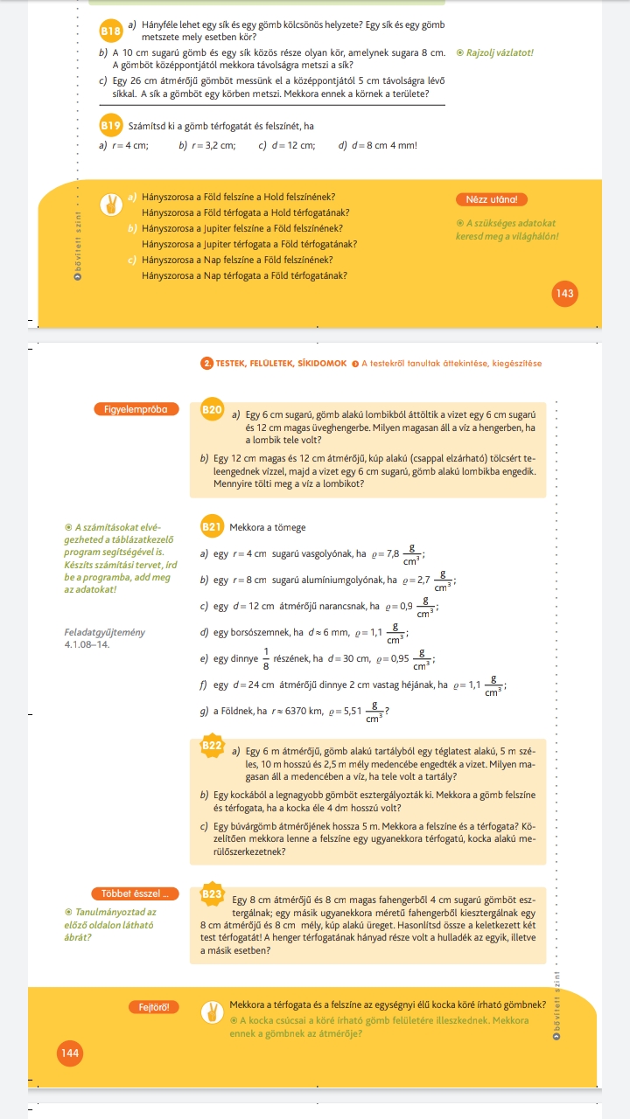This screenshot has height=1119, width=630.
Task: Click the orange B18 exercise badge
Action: point(110,31)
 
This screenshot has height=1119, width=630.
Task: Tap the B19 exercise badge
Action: point(110,126)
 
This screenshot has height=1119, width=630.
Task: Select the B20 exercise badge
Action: point(213,408)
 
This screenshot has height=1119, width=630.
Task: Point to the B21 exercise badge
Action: point(212,526)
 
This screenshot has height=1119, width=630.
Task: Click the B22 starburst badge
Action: point(213,746)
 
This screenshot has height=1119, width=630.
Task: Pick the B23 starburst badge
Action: point(213,893)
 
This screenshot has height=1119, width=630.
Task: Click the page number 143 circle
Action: point(564,294)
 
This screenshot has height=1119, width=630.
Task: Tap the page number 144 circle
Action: point(70,1053)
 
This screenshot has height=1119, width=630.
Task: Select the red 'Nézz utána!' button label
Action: point(492,199)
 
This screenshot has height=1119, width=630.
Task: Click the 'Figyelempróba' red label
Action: point(136,408)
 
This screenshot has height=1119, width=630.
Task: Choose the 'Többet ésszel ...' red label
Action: point(135,893)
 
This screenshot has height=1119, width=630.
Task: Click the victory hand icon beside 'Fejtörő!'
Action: point(212,1012)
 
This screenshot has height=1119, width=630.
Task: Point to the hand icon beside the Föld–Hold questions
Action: point(111,205)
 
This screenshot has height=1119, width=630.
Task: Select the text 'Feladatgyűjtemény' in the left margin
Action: point(105,632)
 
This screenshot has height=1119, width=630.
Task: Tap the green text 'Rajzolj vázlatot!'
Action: point(500,52)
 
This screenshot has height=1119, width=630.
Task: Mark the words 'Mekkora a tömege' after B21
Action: point(268,527)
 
